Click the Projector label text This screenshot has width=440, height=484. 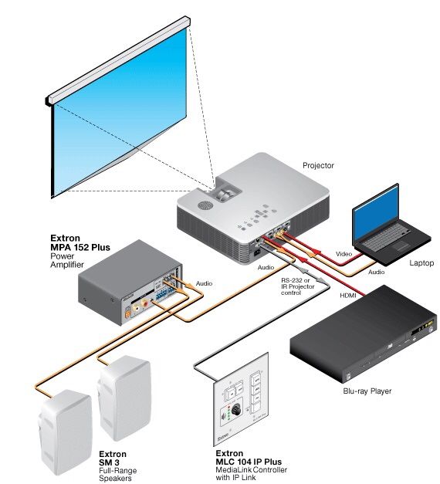coord(318,165)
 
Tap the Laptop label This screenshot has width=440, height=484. coord(421,262)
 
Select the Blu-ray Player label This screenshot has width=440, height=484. coord(367,391)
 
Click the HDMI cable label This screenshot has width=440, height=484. coord(348,296)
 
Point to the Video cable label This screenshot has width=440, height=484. coord(344,254)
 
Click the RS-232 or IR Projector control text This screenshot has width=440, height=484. coord(298,286)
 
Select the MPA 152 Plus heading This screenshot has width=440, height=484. coord(80,247)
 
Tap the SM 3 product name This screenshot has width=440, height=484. coord(109,462)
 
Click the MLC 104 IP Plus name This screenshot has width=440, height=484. coord(249,462)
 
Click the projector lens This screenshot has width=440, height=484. coord(225,195)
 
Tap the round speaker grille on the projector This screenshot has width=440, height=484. coord(205,205)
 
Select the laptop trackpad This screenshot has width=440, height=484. coord(401,246)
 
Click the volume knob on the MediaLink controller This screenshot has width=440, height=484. coord(236,410)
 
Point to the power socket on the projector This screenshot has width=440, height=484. coord(257,253)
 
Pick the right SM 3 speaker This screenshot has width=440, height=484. coord(124,398)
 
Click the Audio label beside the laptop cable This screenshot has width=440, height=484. coord(377,272)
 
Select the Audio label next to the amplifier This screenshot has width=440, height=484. coord(204,283)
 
